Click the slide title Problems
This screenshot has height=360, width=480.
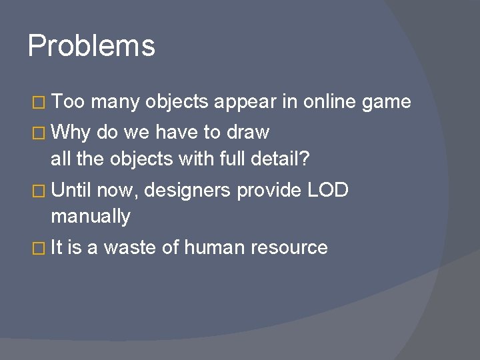click(x=91, y=46)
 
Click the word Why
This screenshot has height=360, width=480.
click(x=72, y=133)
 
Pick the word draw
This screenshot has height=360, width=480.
click(x=247, y=133)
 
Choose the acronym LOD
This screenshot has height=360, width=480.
click(x=327, y=191)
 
